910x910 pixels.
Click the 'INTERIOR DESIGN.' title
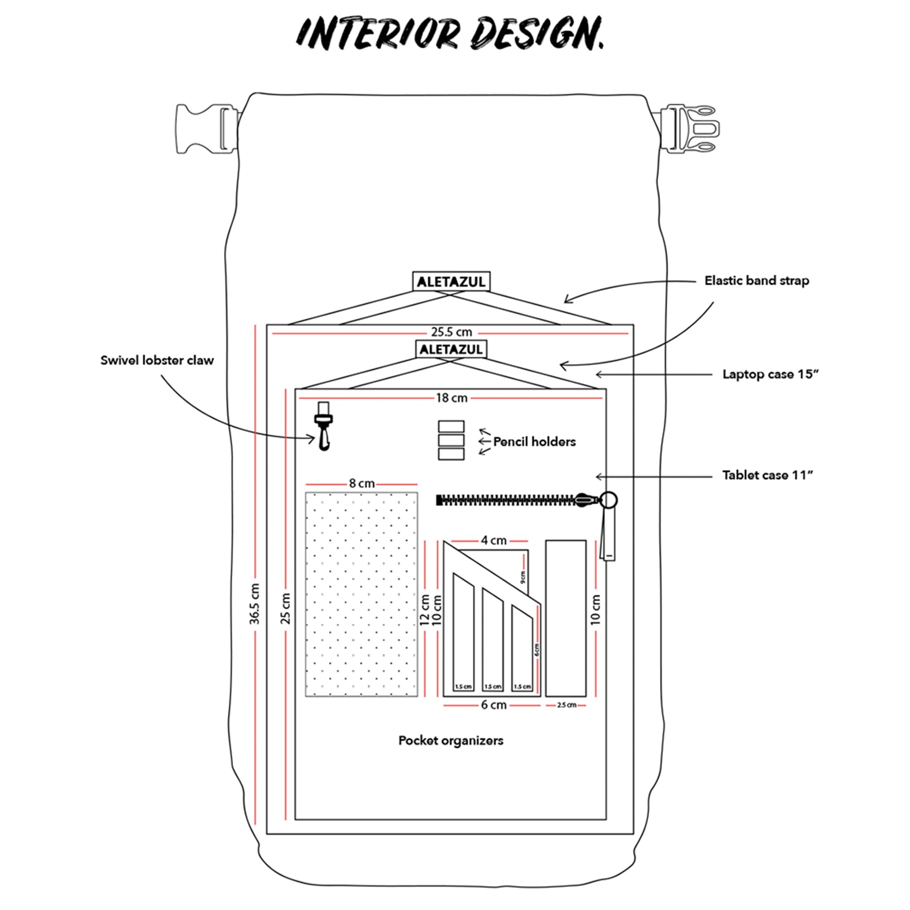click(x=450, y=33)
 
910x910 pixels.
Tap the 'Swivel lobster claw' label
click(x=157, y=360)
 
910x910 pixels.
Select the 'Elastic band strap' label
click(x=756, y=281)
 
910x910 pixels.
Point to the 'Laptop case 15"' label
click(x=770, y=375)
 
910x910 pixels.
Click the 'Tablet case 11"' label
click(x=768, y=475)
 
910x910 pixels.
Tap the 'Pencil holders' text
click(x=534, y=442)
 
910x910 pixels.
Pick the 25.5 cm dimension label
click(x=451, y=332)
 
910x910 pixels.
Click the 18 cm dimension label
click(x=451, y=398)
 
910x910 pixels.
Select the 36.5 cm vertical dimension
click(x=255, y=604)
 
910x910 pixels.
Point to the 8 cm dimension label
click(x=362, y=483)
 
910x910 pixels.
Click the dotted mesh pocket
click(x=361, y=594)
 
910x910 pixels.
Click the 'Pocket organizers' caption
click(x=451, y=741)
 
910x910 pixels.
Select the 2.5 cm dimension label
click(x=566, y=705)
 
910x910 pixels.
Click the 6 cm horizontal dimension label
click(x=493, y=705)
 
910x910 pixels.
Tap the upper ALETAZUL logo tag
click(x=451, y=282)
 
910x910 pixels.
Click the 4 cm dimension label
click(x=493, y=541)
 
